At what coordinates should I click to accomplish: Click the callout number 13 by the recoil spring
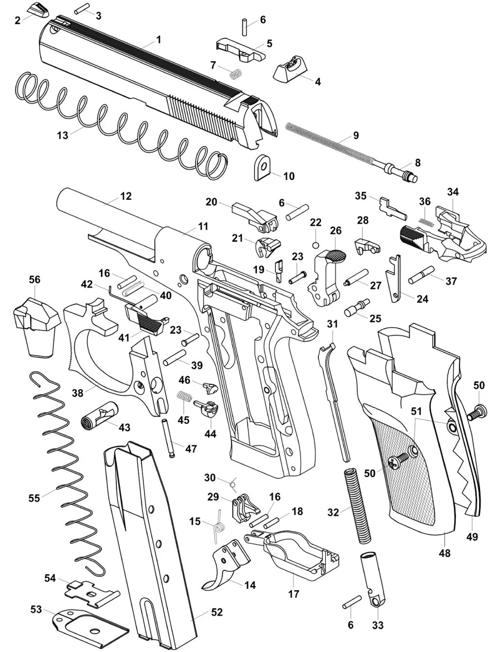pyautogui.click(x=63, y=136)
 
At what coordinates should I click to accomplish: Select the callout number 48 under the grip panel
pyautogui.click(x=444, y=553)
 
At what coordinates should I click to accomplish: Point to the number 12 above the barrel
pyautogui.click(x=126, y=196)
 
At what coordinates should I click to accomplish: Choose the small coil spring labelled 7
pyautogui.click(x=236, y=73)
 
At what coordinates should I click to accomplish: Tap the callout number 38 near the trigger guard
pyautogui.click(x=78, y=393)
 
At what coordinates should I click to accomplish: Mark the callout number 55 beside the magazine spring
pyautogui.click(x=34, y=498)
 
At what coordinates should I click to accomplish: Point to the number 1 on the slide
pyautogui.click(x=158, y=40)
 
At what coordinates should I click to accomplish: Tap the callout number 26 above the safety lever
pyautogui.click(x=336, y=230)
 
